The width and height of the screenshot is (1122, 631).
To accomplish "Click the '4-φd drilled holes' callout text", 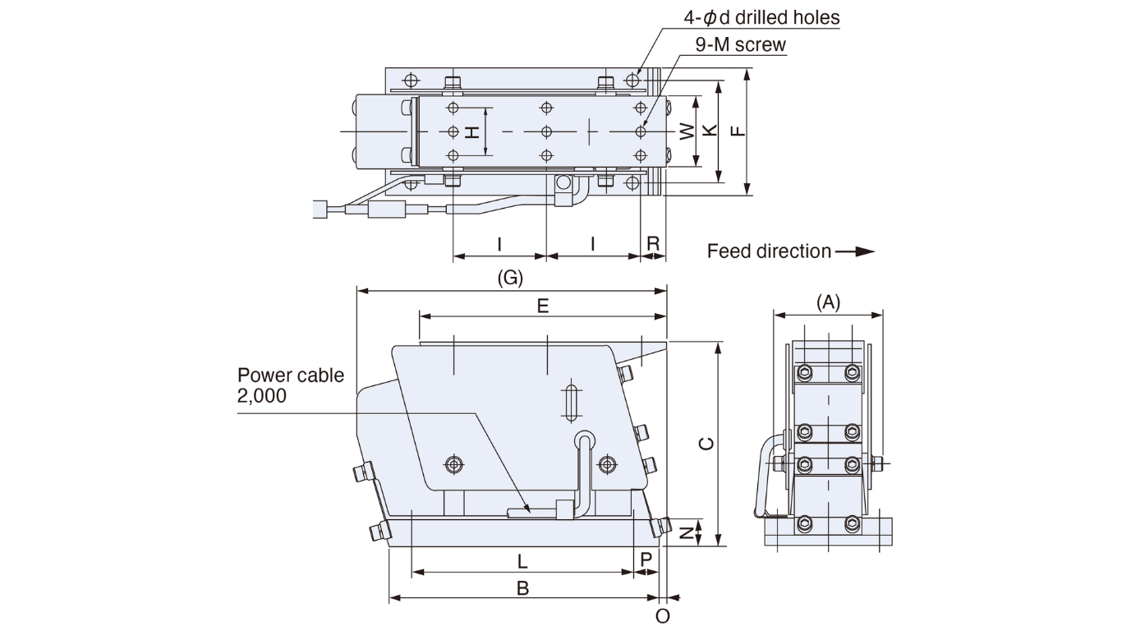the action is pos(761,17).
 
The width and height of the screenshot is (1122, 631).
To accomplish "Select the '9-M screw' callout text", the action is pos(740,44).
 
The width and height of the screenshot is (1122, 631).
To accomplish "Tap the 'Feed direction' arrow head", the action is pos(865,251).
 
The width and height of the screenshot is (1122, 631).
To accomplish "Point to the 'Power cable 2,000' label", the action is pos(291,385).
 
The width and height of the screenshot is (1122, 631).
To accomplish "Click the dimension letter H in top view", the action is pos(473,131).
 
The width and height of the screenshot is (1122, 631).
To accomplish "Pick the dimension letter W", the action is pos(687,131).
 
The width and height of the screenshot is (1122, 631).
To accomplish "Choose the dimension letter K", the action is pos(710,131).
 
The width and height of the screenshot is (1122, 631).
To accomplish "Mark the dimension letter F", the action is pos(738,131).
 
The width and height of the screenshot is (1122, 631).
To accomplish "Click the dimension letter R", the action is pos(653,243).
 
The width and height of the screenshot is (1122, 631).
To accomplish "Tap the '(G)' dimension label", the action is pos(510,278).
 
